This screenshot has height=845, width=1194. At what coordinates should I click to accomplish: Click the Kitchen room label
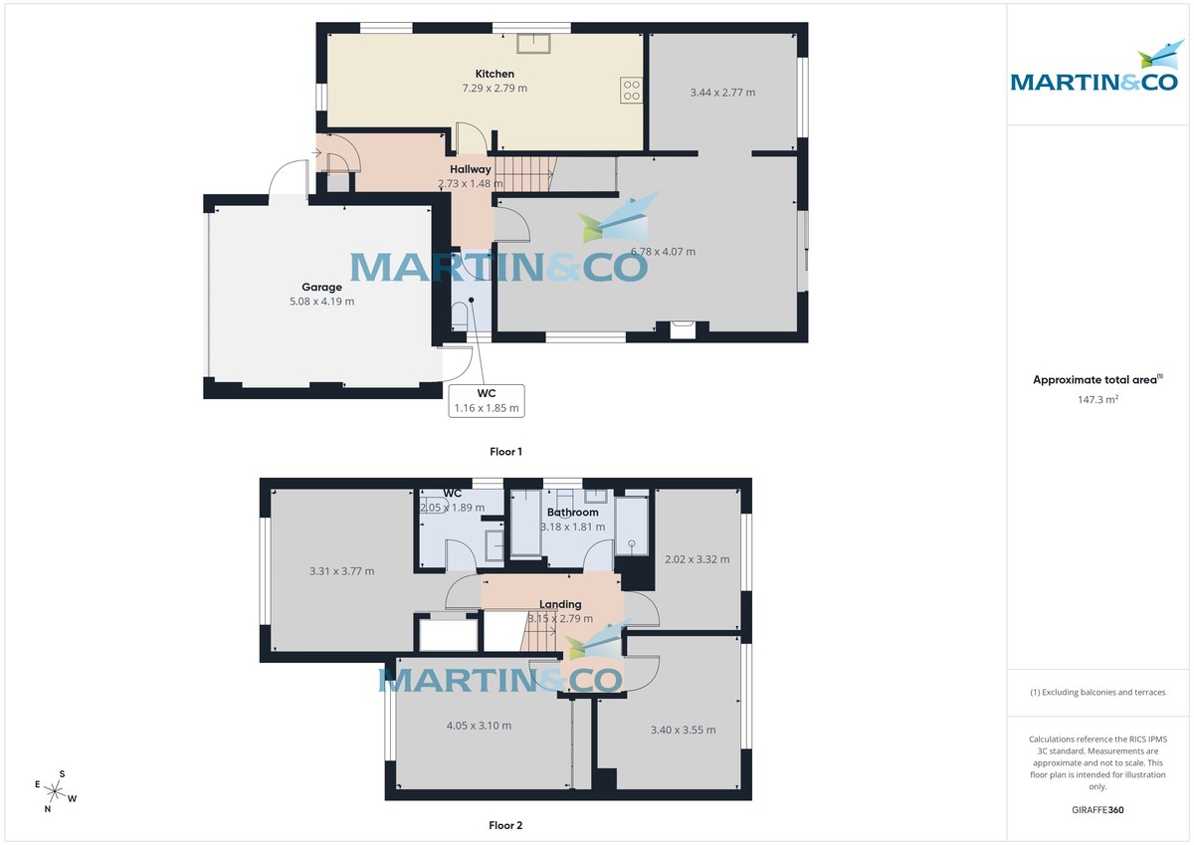[x=495, y=74]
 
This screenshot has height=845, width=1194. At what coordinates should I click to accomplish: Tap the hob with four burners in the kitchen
[x=631, y=91]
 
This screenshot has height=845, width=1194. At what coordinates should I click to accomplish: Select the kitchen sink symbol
[x=534, y=41]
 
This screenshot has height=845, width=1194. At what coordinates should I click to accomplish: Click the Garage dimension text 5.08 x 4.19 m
[x=321, y=302]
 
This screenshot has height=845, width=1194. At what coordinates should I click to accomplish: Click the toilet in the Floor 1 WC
[x=460, y=317]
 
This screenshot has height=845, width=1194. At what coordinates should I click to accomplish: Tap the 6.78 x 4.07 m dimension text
[x=663, y=252]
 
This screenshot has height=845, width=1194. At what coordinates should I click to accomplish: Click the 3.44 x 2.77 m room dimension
[x=722, y=93]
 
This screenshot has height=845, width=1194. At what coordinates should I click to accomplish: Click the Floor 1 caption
[x=505, y=452]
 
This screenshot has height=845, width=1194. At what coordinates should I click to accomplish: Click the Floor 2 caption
[x=505, y=825]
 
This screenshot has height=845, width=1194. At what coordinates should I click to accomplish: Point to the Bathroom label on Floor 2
[x=572, y=513]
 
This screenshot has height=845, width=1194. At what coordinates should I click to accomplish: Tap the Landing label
[x=560, y=604]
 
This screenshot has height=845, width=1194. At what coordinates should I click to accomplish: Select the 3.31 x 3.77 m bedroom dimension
[x=341, y=571]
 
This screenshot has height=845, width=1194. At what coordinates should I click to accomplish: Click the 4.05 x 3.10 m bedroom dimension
[x=479, y=726]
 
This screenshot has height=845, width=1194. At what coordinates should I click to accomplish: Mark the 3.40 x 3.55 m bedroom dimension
[x=683, y=730]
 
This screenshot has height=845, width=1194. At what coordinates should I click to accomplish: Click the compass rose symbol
[x=56, y=792]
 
